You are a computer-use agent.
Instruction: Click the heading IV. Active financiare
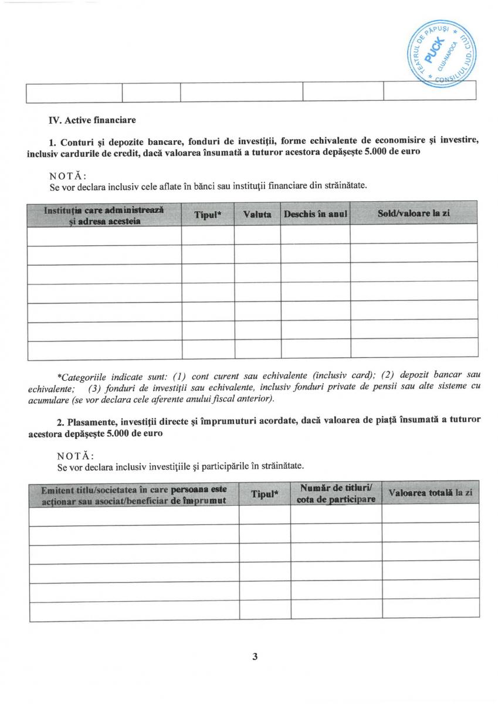coord(92,120)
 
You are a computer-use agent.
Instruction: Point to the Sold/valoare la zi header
coord(414,214)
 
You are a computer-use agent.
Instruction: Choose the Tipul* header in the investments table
coord(264,494)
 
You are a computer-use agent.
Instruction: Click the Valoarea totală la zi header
coord(430,494)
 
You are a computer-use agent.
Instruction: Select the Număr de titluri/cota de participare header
coord(336,493)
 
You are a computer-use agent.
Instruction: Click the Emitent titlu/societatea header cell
coord(134,493)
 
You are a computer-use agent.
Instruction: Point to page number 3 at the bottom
coord(255,656)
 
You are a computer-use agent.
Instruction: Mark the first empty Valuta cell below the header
coord(257,235)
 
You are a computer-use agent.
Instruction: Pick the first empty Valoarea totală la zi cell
coord(430,514)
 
